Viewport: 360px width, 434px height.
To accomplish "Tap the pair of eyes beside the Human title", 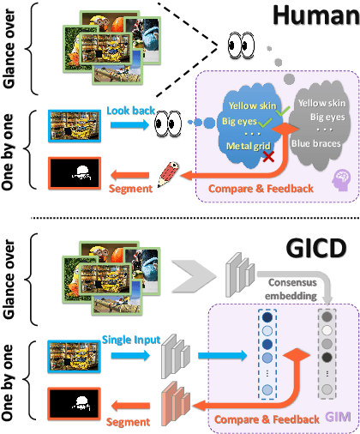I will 241,44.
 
